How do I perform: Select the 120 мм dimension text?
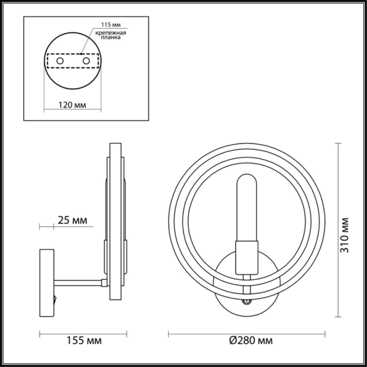point(72,105)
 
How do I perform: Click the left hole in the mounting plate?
point(60,61)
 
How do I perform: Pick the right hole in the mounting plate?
point(86,61)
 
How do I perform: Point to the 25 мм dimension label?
point(72,220)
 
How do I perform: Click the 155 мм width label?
point(83,340)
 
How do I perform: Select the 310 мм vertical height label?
point(345,235)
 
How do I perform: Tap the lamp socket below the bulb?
point(247,257)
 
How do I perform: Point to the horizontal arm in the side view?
point(78,283)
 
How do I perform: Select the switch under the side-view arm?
point(55,298)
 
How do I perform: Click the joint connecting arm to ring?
point(104,283)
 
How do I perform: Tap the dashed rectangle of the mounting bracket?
point(73,61)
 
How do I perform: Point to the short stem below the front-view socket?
point(247,277)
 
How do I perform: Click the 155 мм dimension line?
point(83,334)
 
